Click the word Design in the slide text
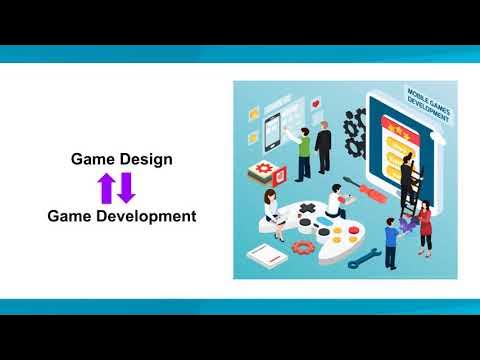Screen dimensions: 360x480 point(146,159)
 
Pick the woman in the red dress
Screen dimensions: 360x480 point(425,228)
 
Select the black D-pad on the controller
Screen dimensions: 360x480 point(307,212)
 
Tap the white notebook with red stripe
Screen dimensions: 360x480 point(265,258)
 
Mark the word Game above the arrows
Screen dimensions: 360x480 point(93,159)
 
